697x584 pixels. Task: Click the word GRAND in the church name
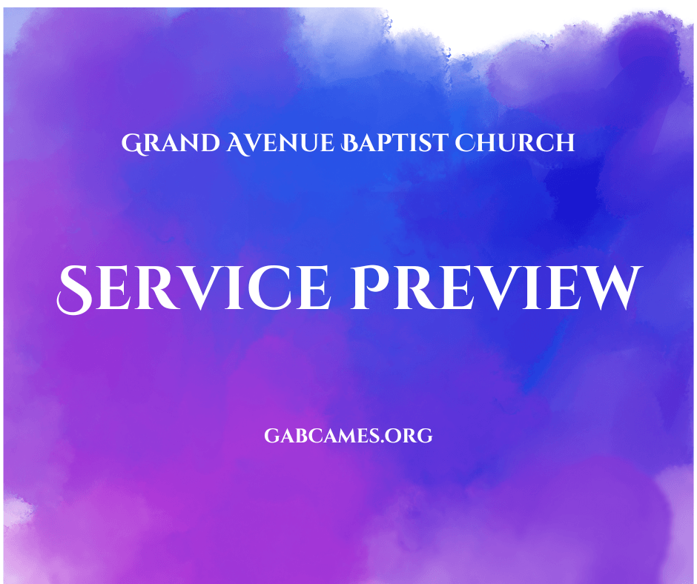coord(171,143)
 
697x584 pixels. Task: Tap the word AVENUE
coord(280,143)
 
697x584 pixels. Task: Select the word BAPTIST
coord(394,143)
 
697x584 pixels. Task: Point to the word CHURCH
coord(515,143)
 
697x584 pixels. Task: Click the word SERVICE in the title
coord(194,289)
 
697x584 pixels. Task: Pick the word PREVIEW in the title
coord(497,288)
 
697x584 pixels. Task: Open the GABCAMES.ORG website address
coord(348,436)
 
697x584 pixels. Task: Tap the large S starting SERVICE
coord(75,290)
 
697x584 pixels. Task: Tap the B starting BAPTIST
coord(350,143)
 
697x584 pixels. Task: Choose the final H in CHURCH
coord(564,143)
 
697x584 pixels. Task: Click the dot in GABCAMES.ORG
coord(383,442)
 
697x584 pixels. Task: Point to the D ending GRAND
coord(210,143)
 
